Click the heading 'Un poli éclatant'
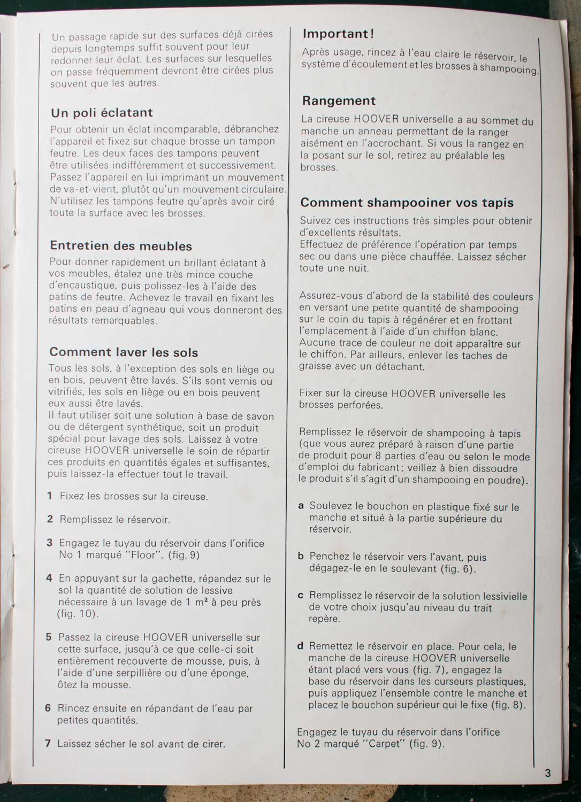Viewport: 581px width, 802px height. click(102, 113)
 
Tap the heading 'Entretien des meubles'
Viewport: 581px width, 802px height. click(121, 246)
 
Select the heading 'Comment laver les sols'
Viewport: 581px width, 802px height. click(124, 352)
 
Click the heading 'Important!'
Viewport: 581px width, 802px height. click(338, 34)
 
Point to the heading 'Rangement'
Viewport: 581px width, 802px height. click(339, 101)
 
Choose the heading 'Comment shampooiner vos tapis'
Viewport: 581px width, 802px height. click(407, 203)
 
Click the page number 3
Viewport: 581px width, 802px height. click(548, 773)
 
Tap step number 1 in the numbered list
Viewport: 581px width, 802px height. click(50, 496)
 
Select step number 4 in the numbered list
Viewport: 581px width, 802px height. click(49, 578)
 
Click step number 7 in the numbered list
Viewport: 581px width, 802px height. click(48, 743)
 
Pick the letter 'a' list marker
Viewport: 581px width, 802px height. click(301, 505)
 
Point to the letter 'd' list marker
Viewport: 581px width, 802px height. click(300, 646)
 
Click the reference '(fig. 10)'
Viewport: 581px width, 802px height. click(78, 614)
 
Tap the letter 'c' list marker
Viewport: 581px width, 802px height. click(301, 595)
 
